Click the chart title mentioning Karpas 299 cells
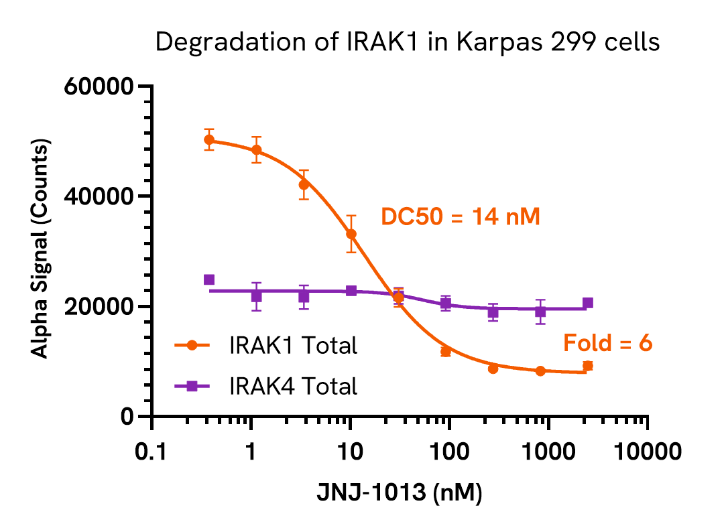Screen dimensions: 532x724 pyautogui.click(x=408, y=43)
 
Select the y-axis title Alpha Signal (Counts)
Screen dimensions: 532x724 pyautogui.click(x=42, y=251)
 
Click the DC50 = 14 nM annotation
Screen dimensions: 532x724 pyautogui.click(x=460, y=216)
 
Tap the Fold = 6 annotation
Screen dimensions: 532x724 pyautogui.click(x=607, y=344)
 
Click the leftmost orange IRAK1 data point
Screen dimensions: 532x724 pyautogui.click(x=209, y=140)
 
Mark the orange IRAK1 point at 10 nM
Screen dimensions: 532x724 pyautogui.click(x=351, y=234)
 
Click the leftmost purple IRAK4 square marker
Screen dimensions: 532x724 pyautogui.click(x=209, y=279)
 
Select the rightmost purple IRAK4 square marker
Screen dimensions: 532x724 pyautogui.click(x=587, y=303)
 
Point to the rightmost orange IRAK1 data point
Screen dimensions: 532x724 pyautogui.click(x=587, y=366)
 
